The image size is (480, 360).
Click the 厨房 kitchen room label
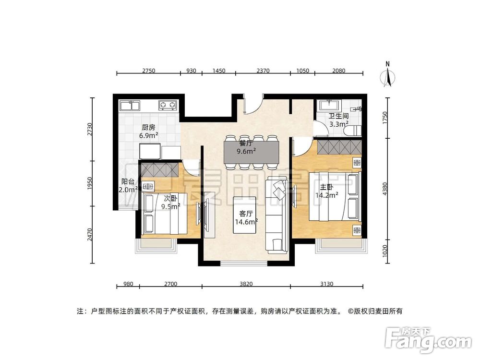(148, 128)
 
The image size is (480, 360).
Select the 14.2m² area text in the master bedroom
(327, 195)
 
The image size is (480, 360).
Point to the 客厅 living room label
(246, 214)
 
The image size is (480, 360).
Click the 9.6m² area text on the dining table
(246, 151)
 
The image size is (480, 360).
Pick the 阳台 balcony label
(128, 181)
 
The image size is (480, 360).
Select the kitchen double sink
(130, 105)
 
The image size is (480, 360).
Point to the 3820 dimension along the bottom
(246, 284)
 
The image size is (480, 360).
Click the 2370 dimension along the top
(263, 71)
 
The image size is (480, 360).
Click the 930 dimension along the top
(191, 71)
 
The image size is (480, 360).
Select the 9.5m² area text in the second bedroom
(170, 206)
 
